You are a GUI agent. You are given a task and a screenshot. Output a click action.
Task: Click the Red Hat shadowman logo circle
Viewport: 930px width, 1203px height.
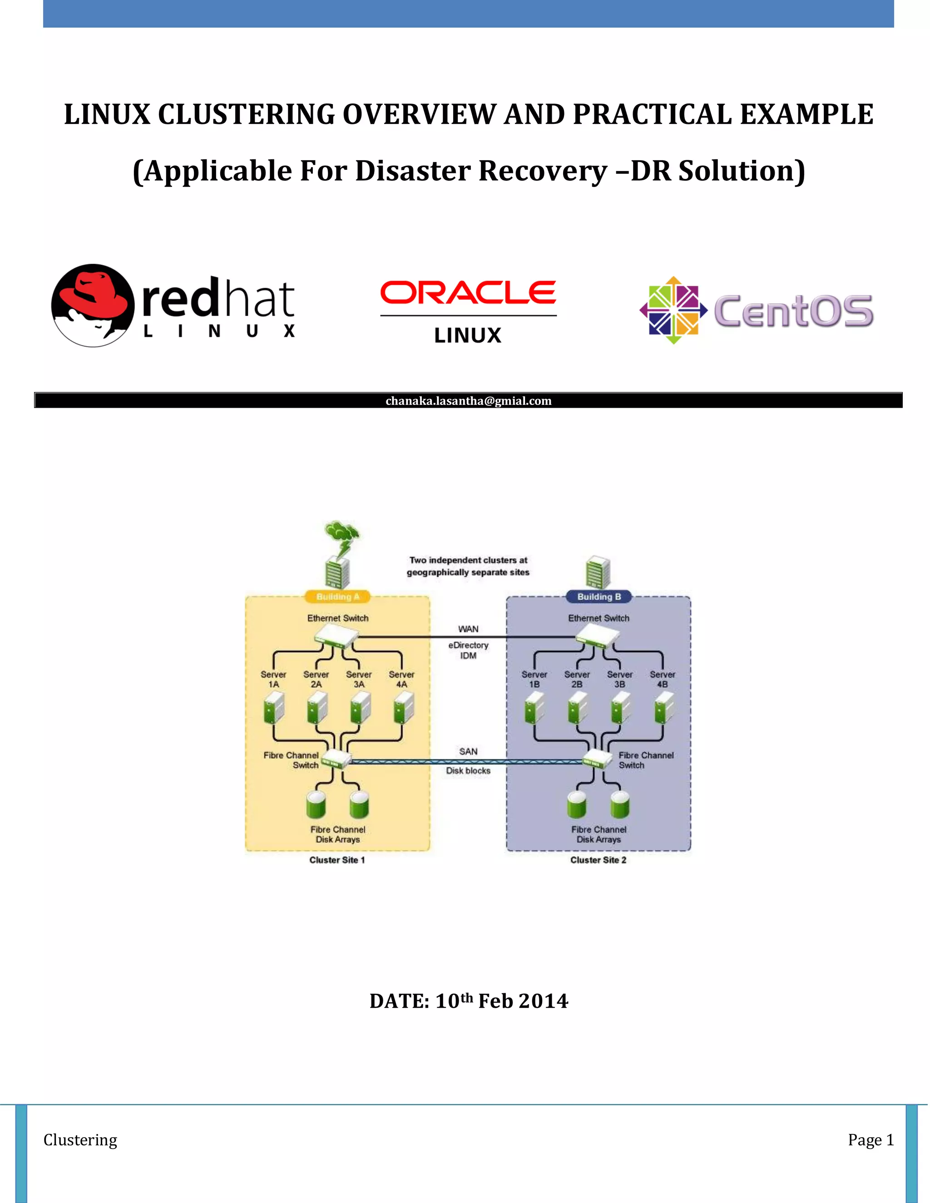coord(93,305)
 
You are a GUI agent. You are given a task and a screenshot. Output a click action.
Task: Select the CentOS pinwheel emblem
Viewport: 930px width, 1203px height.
coord(673,310)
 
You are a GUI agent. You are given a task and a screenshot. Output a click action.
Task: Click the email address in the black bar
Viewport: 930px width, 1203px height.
coord(468,401)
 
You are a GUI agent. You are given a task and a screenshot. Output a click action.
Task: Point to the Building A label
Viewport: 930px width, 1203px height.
coord(337,597)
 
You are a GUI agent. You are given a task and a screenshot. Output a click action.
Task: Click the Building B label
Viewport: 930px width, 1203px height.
coord(599,597)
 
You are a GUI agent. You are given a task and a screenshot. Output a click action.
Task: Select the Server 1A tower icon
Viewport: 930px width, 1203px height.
coord(274,707)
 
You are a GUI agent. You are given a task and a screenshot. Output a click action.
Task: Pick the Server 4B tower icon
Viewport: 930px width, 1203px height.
coord(663,707)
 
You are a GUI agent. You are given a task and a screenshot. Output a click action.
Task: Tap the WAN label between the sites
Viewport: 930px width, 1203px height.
coord(468,629)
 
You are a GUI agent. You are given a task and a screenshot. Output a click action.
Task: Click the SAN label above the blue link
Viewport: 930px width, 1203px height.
coord(468,751)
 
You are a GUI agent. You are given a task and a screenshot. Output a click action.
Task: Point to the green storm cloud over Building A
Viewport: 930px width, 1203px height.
coord(341,532)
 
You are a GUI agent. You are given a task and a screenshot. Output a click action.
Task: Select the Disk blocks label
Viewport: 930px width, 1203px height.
coord(468,771)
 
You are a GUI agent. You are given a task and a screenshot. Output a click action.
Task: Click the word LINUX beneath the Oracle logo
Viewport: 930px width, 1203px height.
coord(468,335)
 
